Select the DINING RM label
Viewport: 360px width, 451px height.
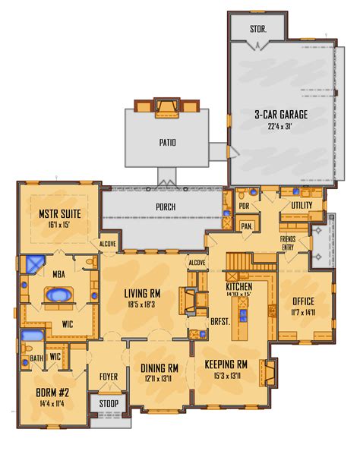(160, 367)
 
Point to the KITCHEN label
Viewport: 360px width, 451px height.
(239, 288)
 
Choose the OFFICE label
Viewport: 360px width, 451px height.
(304, 300)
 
